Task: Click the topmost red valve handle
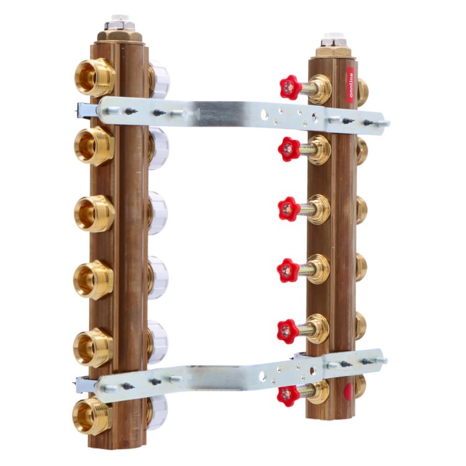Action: pyautogui.click(x=290, y=86)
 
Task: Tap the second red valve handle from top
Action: pyautogui.click(x=288, y=149)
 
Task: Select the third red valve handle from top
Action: pyautogui.click(x=288, y=209)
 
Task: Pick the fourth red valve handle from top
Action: pyautogui.click(x=288, y=270)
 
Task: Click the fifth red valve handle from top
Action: pyautogui.click(x=288, y=331)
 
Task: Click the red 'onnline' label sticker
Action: pyautogui.click(x=351, y=85)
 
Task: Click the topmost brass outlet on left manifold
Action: pyautogui.click(x=94, y=78)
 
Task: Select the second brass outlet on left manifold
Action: pyautogui.click(x=94, y=145)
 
